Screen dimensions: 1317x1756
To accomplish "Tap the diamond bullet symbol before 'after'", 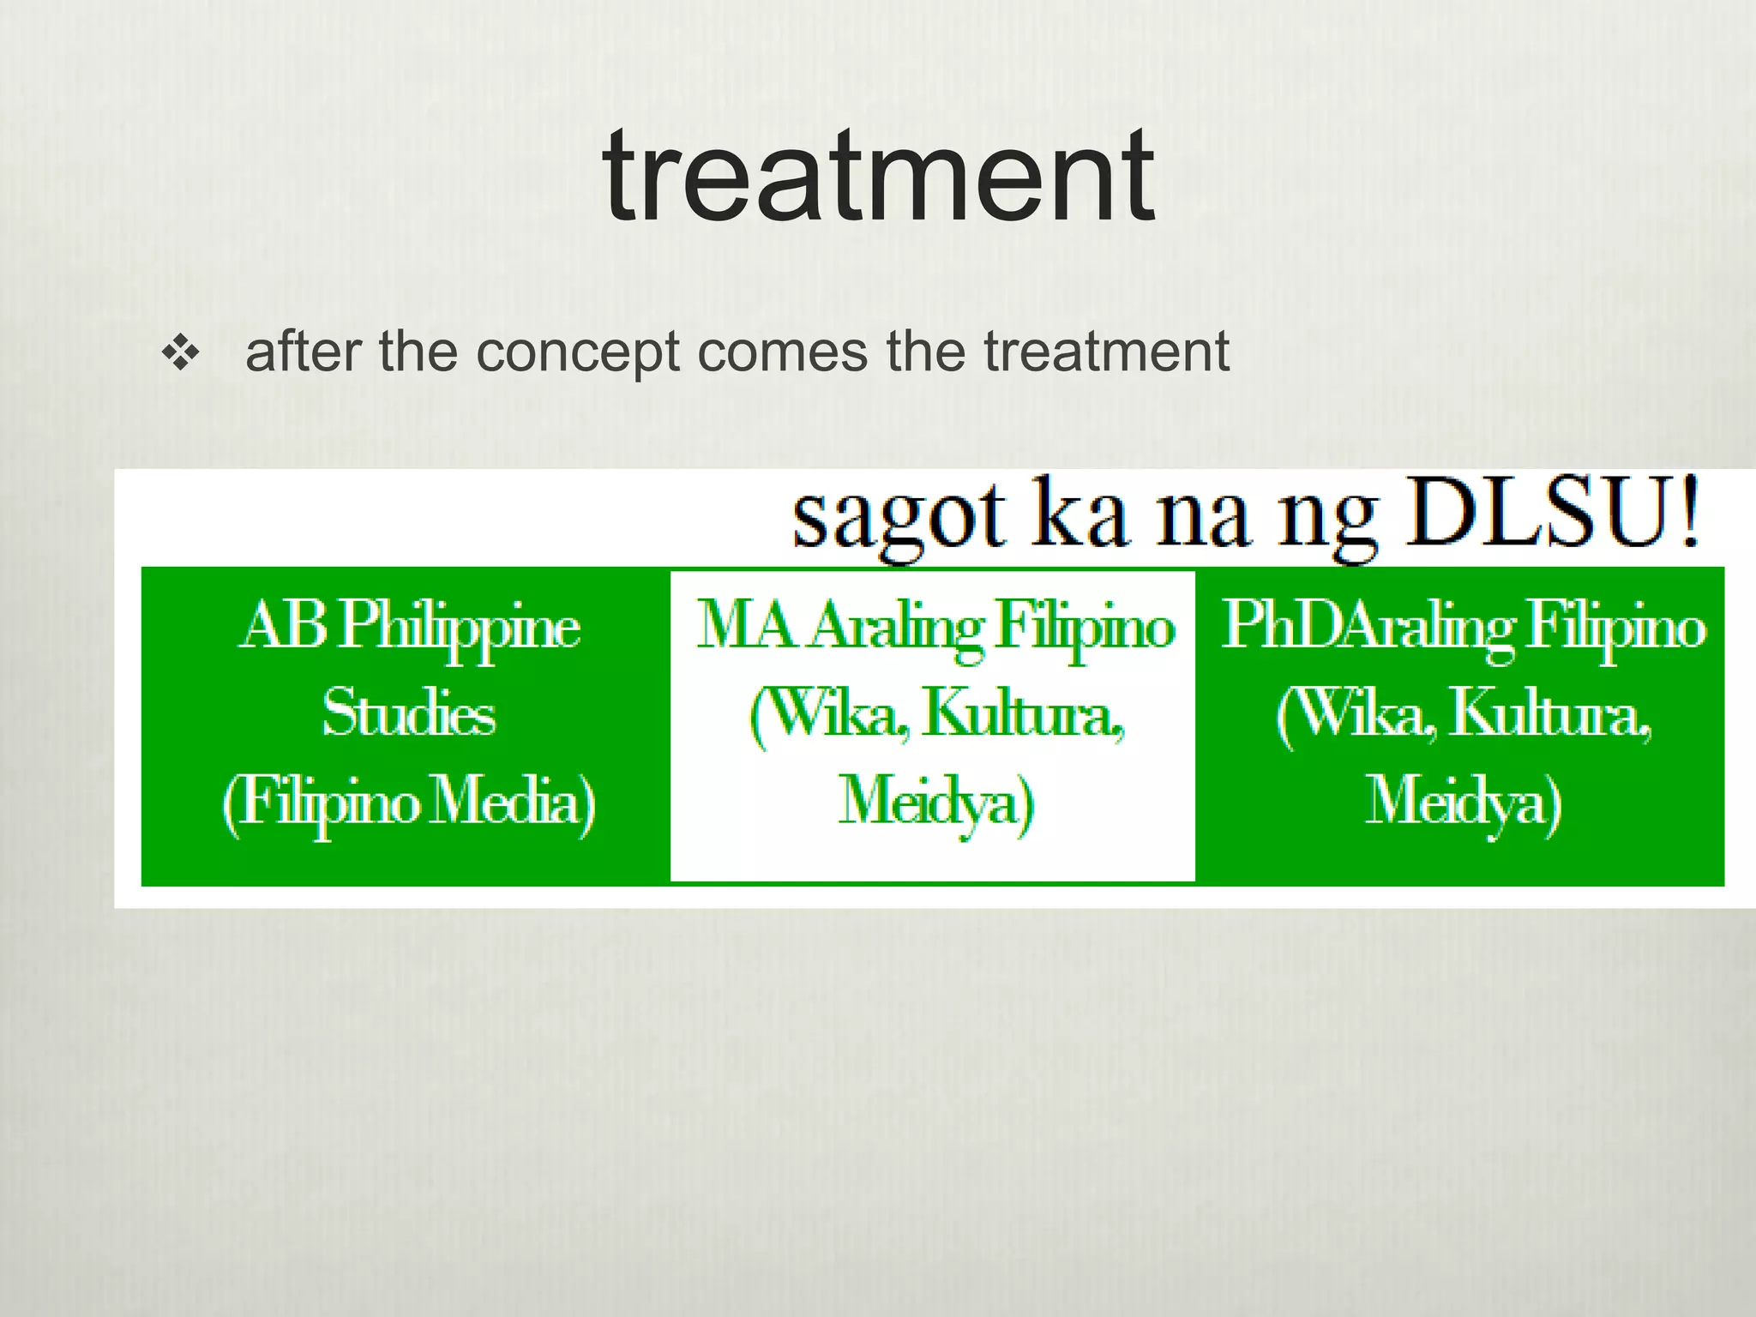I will (181, 353).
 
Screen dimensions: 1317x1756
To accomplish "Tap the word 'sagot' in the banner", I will (897, 518).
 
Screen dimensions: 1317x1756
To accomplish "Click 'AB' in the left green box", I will (282, 625).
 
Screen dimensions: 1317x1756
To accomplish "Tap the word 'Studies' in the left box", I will (408, 713).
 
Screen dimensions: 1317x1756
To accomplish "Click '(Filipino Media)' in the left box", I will (408, 802).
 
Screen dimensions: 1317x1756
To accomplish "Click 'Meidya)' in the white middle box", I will (935, 803).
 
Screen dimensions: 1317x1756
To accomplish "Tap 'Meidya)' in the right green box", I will (1463, 803).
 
